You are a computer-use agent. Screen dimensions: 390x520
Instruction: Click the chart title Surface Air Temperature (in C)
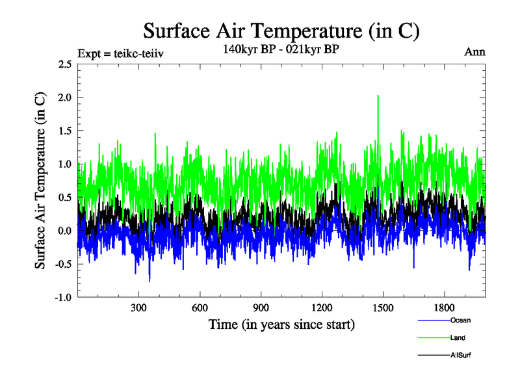tap(281, 31)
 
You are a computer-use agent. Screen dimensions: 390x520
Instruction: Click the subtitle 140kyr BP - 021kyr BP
tap(281, 50)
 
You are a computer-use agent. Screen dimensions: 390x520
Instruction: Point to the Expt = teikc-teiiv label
tap(120, 53)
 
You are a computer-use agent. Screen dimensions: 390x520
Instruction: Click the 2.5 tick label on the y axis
tap(64, 64)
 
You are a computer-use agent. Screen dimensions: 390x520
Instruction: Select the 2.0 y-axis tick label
tap(64, 97)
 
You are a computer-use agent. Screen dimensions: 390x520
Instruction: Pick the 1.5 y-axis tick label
tap(64, 131)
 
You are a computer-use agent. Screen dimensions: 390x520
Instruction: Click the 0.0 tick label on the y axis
tap(64, 231)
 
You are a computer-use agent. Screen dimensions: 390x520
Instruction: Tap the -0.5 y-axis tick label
tap(63, 264)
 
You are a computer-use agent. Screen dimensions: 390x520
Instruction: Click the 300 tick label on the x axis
tap(138, 308)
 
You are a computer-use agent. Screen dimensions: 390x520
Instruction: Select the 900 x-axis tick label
tap(261, 308)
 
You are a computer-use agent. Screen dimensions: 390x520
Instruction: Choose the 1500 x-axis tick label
tap(383, 308)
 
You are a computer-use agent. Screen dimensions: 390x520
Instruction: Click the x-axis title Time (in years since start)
tap(281, 324)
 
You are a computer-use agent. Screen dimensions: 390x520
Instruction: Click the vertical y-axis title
tap(40, 181)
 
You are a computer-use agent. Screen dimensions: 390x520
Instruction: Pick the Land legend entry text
tap(458, 338)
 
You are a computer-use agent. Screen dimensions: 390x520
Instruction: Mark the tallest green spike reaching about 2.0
tap(378, 97)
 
